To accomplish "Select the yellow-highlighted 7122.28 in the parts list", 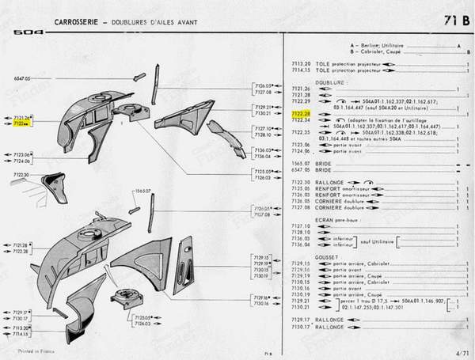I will [301, 115].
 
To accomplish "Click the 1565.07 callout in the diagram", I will [142, 191].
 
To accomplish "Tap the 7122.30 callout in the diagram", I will [21, 174].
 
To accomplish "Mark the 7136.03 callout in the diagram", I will [263, 150].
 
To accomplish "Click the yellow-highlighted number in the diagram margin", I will [20, 123].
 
